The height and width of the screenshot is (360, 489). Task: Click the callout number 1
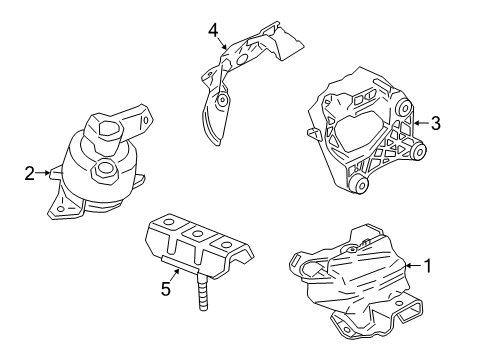point(428,267)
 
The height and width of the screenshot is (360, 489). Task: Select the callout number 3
point(436,123)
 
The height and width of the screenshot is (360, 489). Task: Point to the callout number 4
point(212,30)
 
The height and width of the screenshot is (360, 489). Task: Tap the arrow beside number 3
point(420,123)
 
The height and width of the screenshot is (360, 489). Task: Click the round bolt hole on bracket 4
point(222,105)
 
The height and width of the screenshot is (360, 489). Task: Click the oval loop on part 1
point(305,266)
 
